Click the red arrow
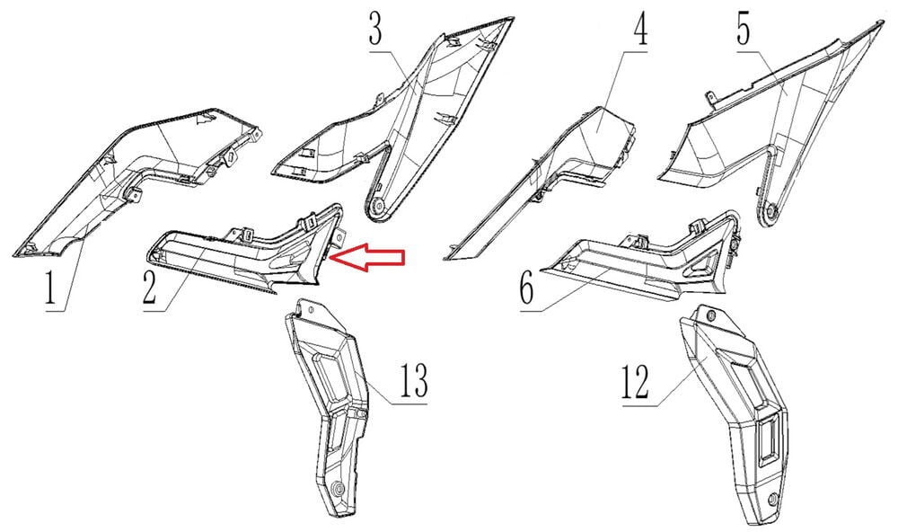367,258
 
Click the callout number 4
640,29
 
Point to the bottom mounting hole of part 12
774,498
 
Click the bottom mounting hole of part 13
338,489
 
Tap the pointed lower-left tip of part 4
445,258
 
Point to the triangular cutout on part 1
202,120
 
